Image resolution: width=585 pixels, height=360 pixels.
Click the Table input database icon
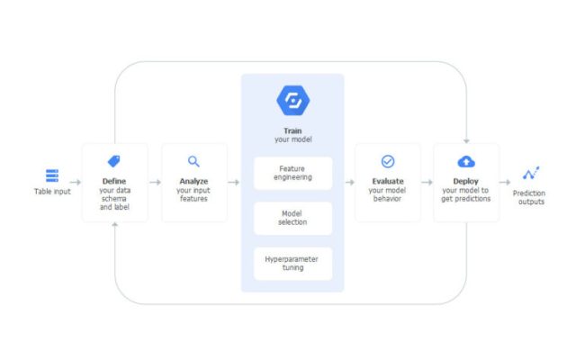(x=51, y=175)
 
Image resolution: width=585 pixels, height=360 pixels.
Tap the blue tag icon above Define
(x=113, y=161)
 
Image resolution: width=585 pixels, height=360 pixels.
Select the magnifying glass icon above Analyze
(x=193, y=161)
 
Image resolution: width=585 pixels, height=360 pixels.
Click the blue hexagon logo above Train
(x=292, y=99)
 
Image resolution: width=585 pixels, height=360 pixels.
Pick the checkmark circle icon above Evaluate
(x=388, y=161)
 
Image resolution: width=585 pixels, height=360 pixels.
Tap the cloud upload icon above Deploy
(x=465, y=161)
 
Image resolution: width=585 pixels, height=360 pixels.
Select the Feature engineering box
(x=292, y=173)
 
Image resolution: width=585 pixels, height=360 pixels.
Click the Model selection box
(x=292, y=218)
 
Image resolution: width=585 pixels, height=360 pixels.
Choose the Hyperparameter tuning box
(x=292, y=263)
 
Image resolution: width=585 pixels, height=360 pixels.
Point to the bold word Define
(x=113, y=181)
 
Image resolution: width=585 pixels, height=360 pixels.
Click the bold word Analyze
(x=193, y=181)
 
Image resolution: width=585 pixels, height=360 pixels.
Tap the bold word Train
(x=292, y=130)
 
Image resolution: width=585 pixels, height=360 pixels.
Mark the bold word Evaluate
(x=388, y=181)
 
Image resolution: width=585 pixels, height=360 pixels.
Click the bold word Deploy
(x=465, y=181)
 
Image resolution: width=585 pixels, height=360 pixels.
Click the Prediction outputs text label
(x=529, y=196)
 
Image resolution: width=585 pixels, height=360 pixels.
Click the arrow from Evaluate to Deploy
(x=427, y=182)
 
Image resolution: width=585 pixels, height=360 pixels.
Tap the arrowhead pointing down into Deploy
(x=465, y=139)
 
